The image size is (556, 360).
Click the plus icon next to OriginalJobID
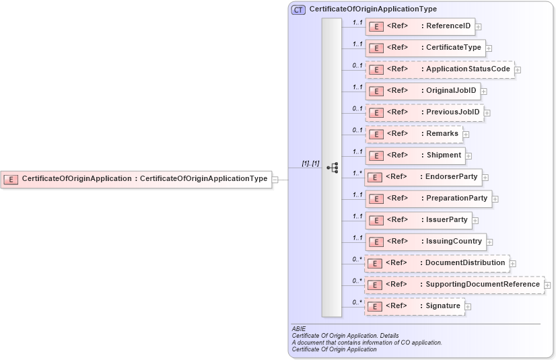point(484,92)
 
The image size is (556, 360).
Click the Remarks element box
point(414,133)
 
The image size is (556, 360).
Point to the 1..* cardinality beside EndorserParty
point(357,173)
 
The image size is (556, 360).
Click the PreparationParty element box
point(428,198)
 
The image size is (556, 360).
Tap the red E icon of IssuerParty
point(378,220)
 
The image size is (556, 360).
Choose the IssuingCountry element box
point(425,241)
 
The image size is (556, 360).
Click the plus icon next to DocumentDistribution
point(513,264)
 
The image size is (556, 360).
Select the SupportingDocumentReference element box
point(454,284)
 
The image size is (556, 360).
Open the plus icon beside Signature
point(468,307)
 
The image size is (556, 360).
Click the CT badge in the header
point(298,9)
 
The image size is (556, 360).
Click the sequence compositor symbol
point(333,168)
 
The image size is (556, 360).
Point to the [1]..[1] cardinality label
point(310,164)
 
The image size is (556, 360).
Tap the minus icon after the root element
point(275,179)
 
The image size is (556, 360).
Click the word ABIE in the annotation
point(299,328)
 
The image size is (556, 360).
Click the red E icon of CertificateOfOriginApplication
point(11,179)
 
